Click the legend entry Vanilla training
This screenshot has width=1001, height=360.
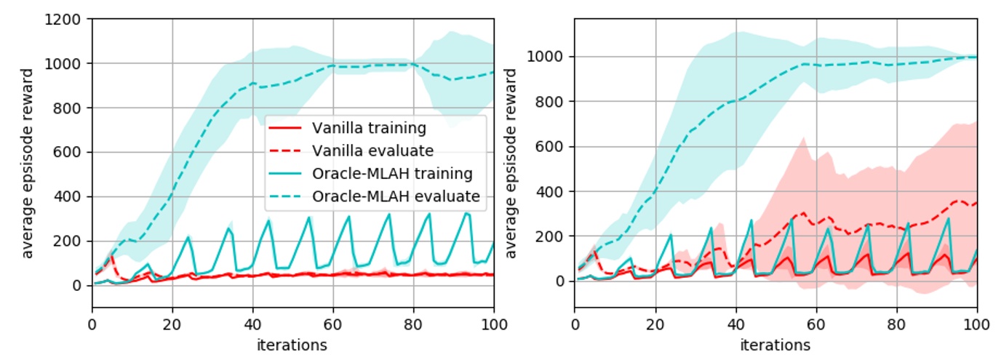(369, 128)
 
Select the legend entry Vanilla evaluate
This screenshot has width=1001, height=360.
(372, 151)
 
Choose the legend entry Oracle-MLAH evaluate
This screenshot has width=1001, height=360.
(396, 196)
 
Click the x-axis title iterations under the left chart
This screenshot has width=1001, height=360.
(292, 344)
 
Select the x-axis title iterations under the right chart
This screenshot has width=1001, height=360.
(775, 344)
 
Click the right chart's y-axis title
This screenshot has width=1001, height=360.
(511, 164)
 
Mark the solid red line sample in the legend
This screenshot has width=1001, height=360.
(286, 128)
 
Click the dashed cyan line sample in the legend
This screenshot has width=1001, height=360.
(286, 196)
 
